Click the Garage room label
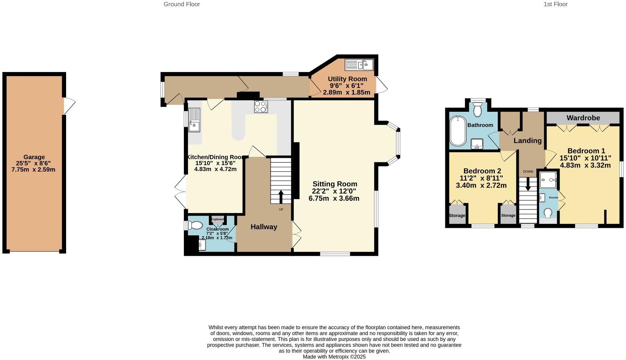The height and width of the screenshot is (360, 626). coord(34,157)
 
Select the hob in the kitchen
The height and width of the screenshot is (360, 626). coord(261,107)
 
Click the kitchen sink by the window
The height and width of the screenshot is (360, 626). coord(194,120)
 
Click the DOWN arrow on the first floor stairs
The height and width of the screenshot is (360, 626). coord(528,185)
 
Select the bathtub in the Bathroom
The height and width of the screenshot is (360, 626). coord(458,131)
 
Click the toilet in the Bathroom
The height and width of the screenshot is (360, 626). coord(478,110)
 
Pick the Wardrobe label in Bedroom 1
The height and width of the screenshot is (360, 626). coord(583,118)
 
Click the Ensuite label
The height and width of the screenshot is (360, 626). coord(553,197)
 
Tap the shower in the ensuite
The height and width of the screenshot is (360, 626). coord(548,180)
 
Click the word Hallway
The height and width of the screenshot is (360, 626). coord(264,227)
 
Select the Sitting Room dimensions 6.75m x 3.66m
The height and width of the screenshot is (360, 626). coord(334,198)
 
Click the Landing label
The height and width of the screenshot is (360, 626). coord(527,141)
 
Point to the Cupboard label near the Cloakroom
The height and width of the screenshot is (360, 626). coord(218,219)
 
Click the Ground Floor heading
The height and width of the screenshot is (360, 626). coord(182,4)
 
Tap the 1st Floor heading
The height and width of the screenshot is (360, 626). coord(555,4)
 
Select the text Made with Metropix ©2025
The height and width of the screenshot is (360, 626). coord(334,357)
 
